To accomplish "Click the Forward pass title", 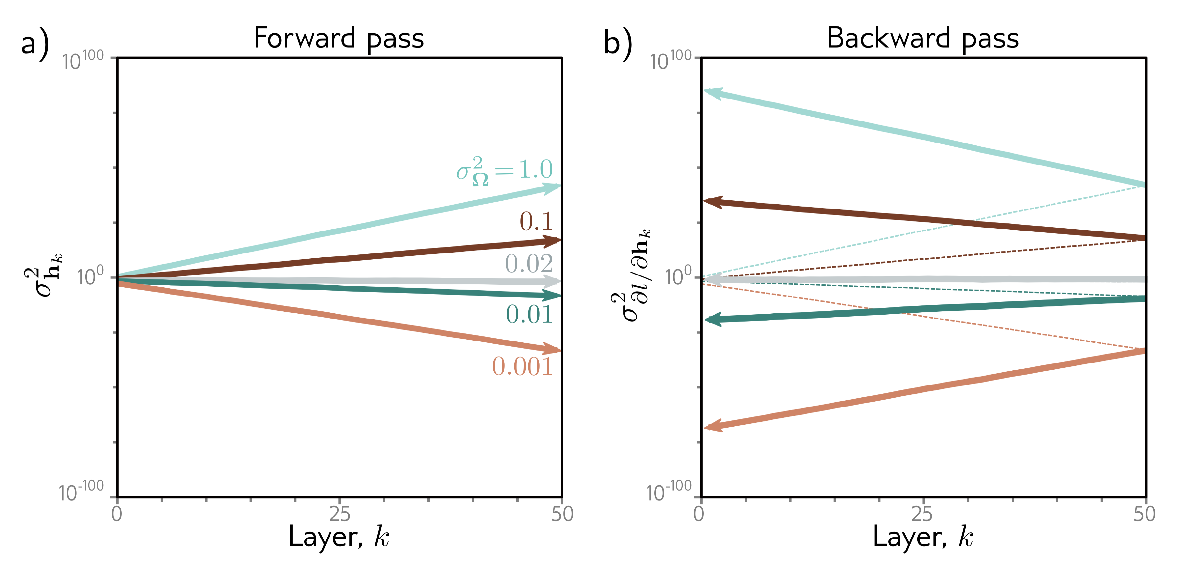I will pyautogui.click(x=339, y=38).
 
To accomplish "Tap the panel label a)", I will pyautogui.click(x=35, y=44).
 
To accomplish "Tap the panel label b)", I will pyautogui.click(x=618, y=44).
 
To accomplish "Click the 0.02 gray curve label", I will pyautogui.click(x=529, y=264).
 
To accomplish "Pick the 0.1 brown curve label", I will pyautogui.click(x=536, y=222).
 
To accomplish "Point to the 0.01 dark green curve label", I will pyautogui.click(x=529, y=315).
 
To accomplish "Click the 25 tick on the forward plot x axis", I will pyautogui.click(x=340, y=514).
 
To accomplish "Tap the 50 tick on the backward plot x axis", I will pyautogui.click(x=1144, y=514).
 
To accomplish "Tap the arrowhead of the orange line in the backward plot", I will pyautogui.click(x=713, y=426).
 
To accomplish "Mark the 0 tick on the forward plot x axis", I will pyautogui.click(x=117, y=514).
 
